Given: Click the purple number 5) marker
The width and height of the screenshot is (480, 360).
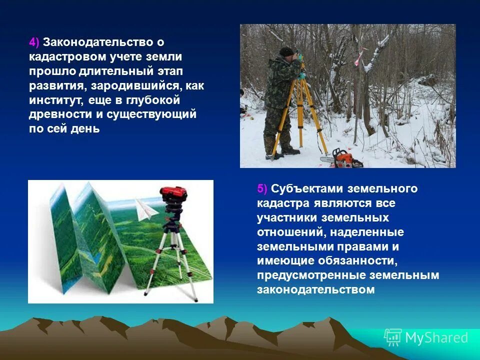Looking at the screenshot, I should click(262, 188).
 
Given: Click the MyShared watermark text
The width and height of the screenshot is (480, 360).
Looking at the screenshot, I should click(436, 337).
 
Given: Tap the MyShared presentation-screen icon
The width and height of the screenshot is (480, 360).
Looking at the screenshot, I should click(393, 337).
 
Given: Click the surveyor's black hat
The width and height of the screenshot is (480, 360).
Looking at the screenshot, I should click(286, 51).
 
